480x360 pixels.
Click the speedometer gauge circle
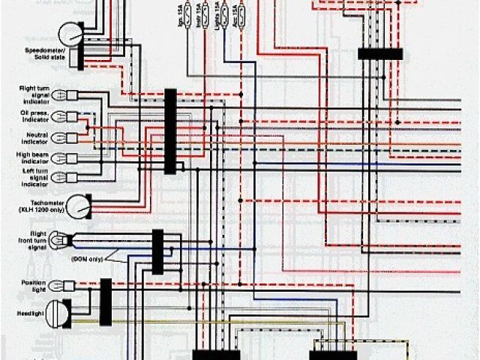(72, 33)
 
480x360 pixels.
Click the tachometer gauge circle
(77, 205)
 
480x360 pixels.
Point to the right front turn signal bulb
(63, 240)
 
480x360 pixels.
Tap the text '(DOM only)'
(88, 258)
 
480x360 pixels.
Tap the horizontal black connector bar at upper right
(380, 54)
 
